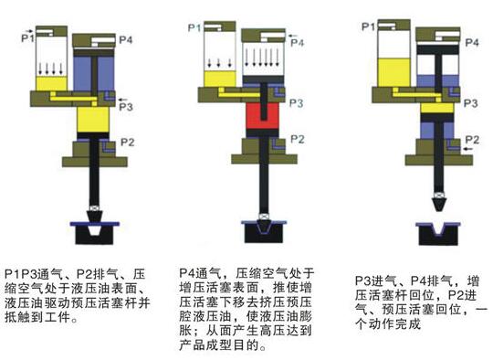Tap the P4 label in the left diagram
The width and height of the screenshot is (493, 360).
tap(126, 39)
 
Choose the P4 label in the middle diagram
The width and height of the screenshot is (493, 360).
tap(297, 40)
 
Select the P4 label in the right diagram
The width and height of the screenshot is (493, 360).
tap(473, 43)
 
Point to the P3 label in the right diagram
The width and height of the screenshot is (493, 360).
tap(473, 104)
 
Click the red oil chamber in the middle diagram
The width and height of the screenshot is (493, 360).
tap(260, 120)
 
